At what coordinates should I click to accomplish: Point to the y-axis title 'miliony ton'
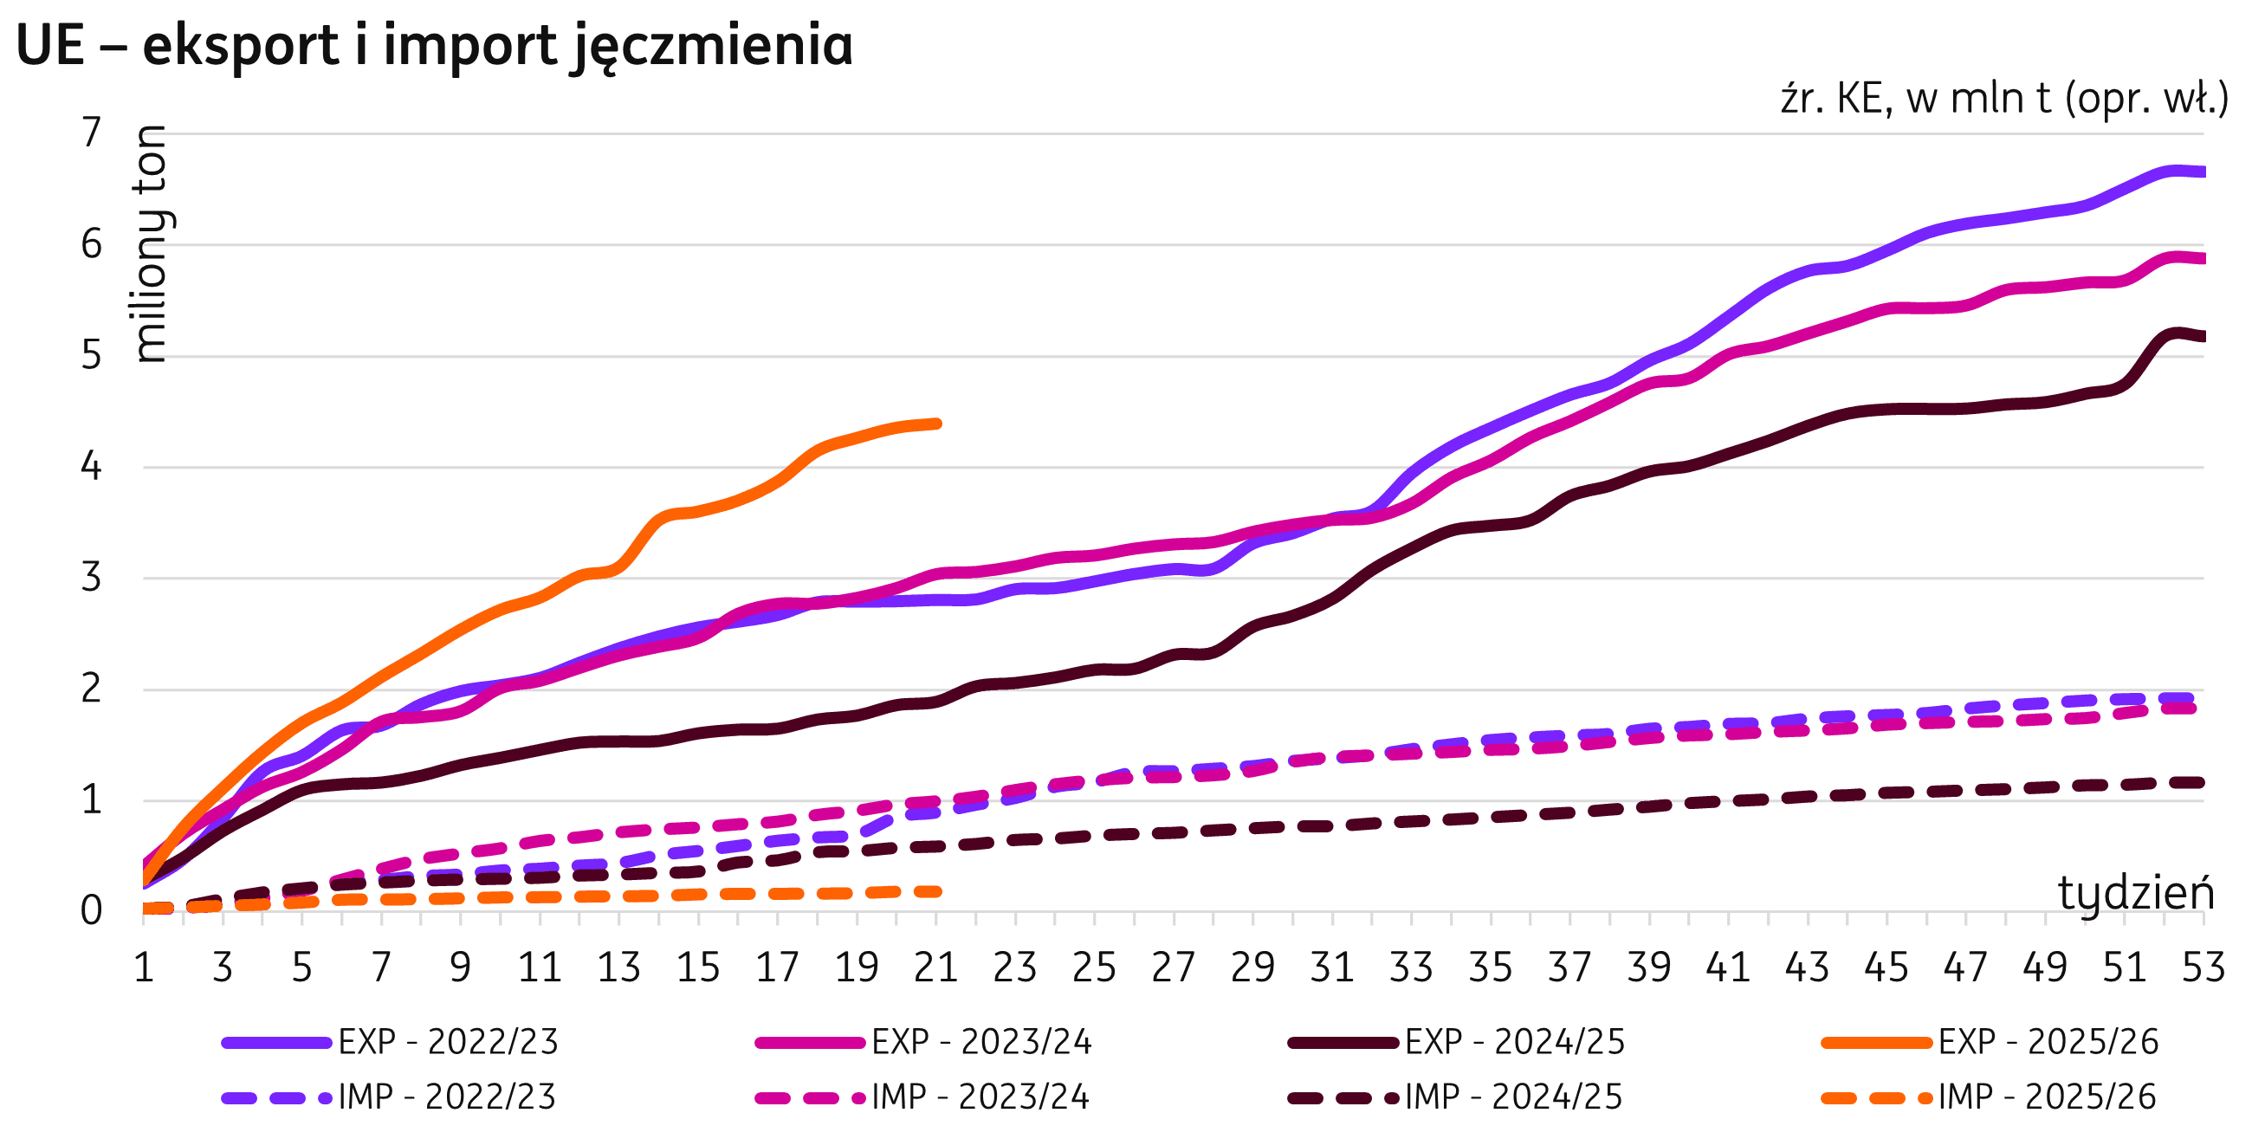point(152,244)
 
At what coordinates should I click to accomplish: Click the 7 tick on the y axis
point(91,133)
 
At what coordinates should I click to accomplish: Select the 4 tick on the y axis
point(91,467)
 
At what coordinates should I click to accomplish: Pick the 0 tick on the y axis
point(91,911)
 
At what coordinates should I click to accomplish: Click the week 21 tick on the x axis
point(935,967)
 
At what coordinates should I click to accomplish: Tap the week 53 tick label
point(2203,967)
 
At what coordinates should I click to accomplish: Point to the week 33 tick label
point(1411,967)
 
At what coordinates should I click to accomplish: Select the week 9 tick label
point(460,967)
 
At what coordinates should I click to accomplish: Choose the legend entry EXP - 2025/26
point(2048,1042)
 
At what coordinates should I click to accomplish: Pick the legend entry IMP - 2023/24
point(980,1097)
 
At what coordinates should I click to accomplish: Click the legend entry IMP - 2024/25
point(1513,1097)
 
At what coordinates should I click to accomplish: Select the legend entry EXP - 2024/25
point(1515,1042)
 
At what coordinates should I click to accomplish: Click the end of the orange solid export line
point(936,424)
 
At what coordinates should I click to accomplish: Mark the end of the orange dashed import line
point(936,892)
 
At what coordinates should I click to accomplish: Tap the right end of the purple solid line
point(2202,172)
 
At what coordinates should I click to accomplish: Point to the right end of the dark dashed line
point(2200,782)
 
